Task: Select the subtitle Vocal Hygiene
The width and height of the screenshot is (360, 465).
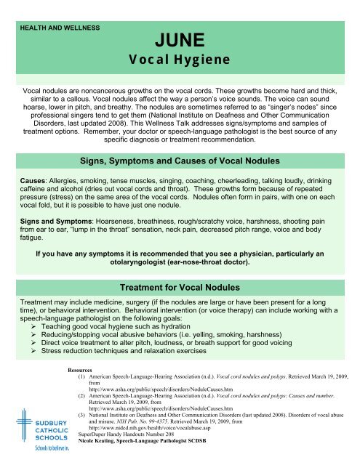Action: (180, 57)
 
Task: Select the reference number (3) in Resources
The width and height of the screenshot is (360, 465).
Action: (82, 416)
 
